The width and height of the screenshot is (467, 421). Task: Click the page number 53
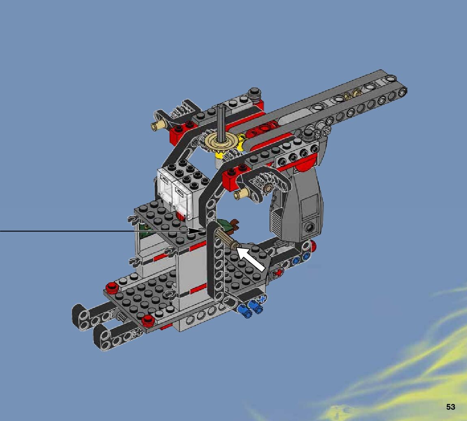(x=451, y=407)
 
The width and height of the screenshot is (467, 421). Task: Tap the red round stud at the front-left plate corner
(x=112, y=287)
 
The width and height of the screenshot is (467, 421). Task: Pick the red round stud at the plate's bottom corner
(x=148, y=321)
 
